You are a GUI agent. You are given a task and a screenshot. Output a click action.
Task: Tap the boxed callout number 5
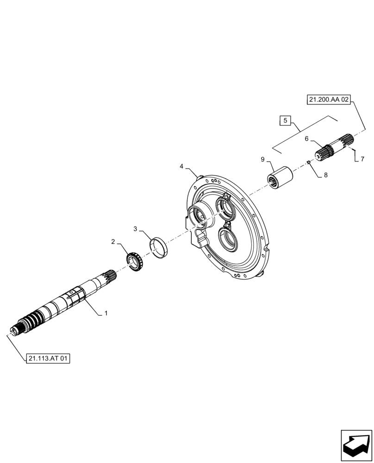pos(286,121)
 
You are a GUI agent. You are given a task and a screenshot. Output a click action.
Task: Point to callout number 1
pos(106,313)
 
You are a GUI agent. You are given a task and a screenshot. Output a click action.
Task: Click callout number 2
pos(112,242)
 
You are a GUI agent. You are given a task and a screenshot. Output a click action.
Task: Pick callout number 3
pos(136,229)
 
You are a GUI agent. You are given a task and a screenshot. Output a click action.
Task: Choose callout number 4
pos(181,166)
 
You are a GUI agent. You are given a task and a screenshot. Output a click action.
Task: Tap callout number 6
pos(306,138)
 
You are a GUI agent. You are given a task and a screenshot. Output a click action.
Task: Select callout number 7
pos(362,159)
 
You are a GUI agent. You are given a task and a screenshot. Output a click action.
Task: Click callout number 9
pos(262,159)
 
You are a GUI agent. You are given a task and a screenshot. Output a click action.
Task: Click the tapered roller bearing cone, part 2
pos(135,262)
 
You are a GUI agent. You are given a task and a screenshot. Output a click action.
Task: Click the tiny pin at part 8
pos(308,162)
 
